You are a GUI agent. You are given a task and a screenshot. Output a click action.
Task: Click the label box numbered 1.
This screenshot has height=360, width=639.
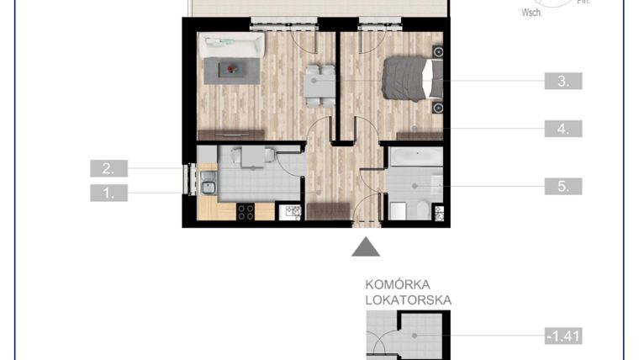click(108, 193)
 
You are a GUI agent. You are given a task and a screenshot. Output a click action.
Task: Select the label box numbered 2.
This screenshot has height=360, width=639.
click(108, 168)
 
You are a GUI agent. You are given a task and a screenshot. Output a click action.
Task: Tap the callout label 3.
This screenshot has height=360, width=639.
click(563, 82)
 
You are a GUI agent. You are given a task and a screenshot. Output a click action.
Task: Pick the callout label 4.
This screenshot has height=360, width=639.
click(563, 129)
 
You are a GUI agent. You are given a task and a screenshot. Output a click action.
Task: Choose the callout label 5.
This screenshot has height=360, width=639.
click(563, 186)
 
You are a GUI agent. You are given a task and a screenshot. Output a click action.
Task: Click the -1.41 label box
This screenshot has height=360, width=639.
click(563, 336)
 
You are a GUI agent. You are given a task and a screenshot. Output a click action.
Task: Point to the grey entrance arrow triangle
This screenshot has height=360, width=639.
click(365, 246)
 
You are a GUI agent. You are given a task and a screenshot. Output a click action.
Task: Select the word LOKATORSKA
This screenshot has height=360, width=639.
click(409, 299)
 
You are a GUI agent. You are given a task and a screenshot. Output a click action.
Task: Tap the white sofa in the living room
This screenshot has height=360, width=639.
click(230, 45)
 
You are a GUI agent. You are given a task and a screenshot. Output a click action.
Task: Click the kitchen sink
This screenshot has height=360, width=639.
click(207, 188)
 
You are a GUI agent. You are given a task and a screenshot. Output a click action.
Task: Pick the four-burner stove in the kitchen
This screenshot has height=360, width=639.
click(246, 212)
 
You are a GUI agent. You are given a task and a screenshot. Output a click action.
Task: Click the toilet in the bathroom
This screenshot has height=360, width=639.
click(400, 210)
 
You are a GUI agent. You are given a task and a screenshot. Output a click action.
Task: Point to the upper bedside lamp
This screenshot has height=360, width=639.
click(437, 52)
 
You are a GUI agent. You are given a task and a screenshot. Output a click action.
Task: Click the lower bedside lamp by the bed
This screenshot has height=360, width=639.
click(437, 109)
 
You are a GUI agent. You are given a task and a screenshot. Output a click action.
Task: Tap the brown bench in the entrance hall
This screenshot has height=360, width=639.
click(327, 210)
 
